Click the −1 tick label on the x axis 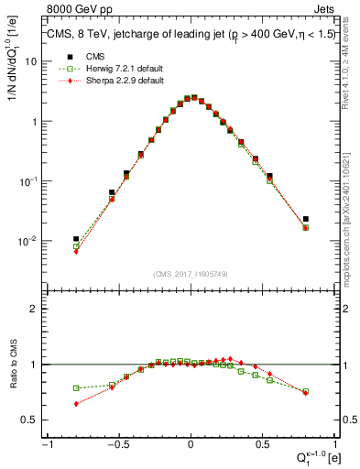(46, 444)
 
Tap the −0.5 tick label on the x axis (116, 444)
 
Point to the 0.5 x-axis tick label (264, 444)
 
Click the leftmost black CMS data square (76, 238)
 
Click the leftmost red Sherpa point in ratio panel (76, 403)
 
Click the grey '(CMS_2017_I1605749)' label (190, 274)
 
